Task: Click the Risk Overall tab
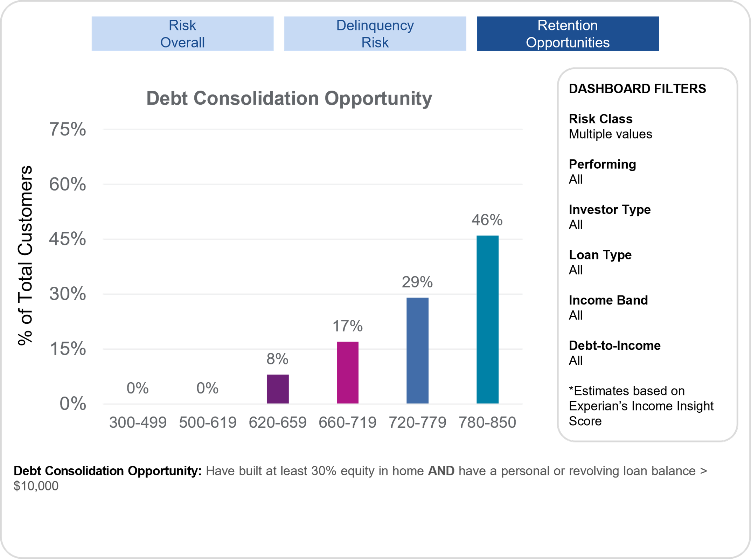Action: pyautogui.click(x=182, y=34)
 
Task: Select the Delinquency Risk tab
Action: pyautogui.click(x=375, y=34)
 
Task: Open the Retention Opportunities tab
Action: pyautogui.click(x=568, y=34)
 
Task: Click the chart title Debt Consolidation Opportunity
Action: pyautogui.click(x=289, y=98)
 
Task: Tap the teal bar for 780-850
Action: pyautogui.click(x=487, y=319)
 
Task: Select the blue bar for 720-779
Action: pyautogui.click(x=417, y=350)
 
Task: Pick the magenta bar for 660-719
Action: pyautogui.click(x=348, y=372)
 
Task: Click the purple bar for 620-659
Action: pyautogui.click(x=278, y=389)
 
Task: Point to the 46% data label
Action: pyautogui.click(x=487, y=220)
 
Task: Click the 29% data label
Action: pyautogui.click(x=417, y=282)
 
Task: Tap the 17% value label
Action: pyautogui.click(x=347, y=326)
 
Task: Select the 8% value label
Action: pyautogui.click(x=277, y=359)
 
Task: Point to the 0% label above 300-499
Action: pyautogui.click(x=137, y=388)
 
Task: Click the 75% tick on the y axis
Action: pyautogui.click(x=68, y=129)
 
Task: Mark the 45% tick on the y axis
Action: pyautogui.click(x=68, y=239)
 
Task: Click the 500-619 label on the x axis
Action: pyautogui.click(x=208, y=422)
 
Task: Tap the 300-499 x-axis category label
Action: pyautogui.click(x=138, y=422)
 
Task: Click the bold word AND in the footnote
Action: pyautogui.click(x=441, y=471)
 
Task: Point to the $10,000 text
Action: pyautogui.click(x=36, y=486)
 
